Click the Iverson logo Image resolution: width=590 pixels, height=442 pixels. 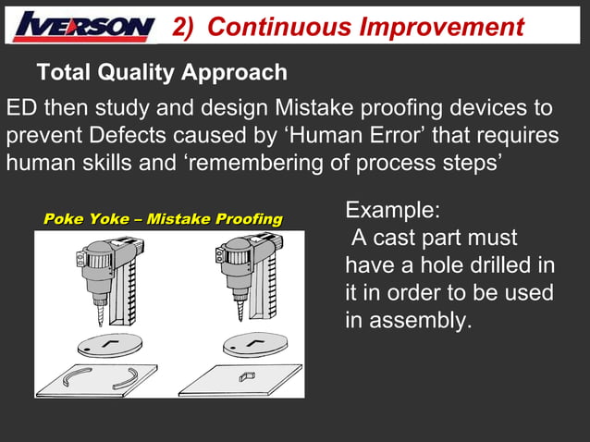[x=83, y=26]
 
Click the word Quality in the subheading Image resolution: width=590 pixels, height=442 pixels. [x=138, y=71]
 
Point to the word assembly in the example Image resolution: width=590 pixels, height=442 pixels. [x=420, y=321]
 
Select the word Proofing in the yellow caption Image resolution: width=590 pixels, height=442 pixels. [x=249, y=219]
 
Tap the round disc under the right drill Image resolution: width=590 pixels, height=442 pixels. [x=255, y=345]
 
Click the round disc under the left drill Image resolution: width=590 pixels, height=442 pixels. [x=110, y=343]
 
